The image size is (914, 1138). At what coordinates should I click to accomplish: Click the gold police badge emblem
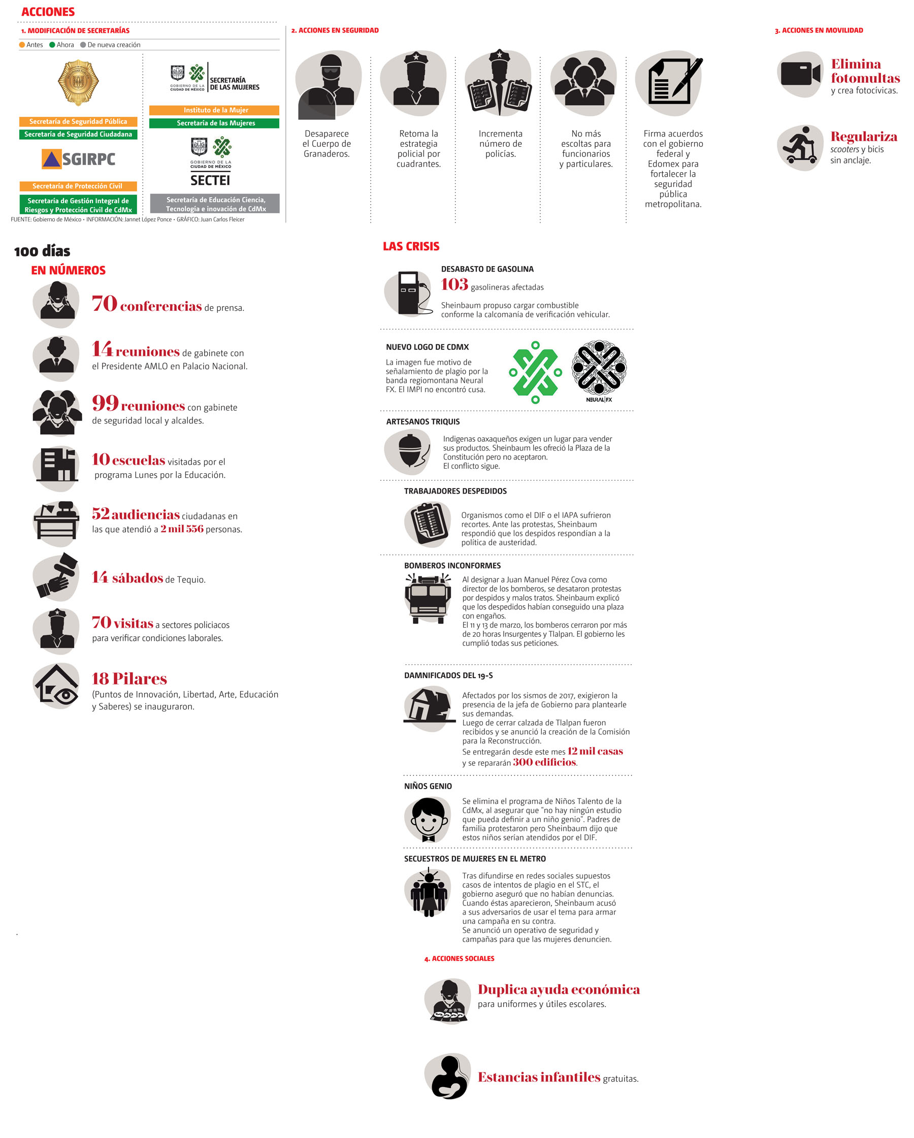(78, 82)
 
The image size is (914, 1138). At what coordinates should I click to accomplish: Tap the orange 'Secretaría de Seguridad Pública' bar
(78, 121)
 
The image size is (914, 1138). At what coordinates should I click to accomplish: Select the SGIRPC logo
(79, 159)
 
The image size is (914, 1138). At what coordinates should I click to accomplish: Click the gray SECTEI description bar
(215, 204)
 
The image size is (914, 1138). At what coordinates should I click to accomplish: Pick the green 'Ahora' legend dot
(52, 45)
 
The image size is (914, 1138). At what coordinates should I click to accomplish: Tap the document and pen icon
(671, 82)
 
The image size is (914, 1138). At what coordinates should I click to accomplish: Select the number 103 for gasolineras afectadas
(454, 284)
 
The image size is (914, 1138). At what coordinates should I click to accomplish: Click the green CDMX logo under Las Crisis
(535, 372)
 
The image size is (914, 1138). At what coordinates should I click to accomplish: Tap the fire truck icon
(428, 598)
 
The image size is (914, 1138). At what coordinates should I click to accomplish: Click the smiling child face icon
(428, 819)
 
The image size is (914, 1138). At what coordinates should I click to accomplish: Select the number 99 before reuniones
(105, 403)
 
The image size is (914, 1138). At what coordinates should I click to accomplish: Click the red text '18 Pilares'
(129, 678)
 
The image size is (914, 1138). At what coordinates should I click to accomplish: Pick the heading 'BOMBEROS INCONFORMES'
(452, 565)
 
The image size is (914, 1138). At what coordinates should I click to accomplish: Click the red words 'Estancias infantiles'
(539, 1077)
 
